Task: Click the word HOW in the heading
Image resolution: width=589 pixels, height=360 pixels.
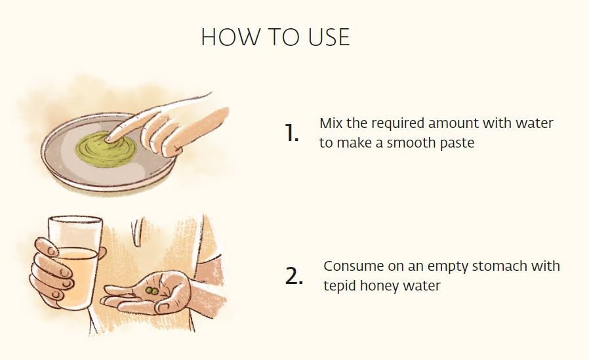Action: pos(230,37)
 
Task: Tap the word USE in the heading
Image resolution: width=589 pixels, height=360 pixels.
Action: pos(329,37)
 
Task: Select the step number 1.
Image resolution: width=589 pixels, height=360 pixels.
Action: pos(291,133)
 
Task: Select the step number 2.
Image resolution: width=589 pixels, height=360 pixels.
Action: pos(294,276)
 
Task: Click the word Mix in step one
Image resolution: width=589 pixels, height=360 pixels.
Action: pos(331,123)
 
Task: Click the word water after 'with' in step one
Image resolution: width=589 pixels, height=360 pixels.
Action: pos(535,123)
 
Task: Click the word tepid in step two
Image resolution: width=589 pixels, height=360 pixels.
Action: pos(340,286)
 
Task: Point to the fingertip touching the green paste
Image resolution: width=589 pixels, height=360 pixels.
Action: pos(109,138)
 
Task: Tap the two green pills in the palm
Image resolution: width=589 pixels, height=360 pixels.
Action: pos(152,290)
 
